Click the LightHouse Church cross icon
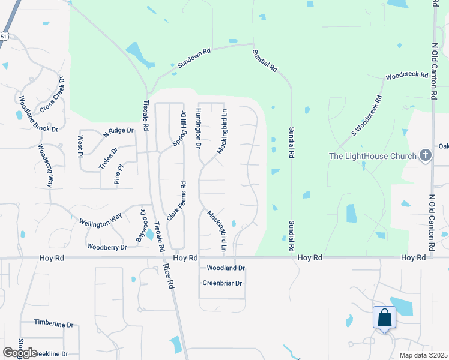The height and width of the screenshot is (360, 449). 425,156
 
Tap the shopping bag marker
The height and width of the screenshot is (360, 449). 384,317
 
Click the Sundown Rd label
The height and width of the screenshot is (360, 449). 194,58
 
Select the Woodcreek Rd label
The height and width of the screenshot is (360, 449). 406,77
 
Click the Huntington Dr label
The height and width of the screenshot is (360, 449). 198,128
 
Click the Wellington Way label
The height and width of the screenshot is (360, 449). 100,219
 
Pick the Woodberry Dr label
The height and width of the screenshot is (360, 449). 107,247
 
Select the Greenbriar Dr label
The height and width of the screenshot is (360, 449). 222,283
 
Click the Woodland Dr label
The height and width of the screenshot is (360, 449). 226,268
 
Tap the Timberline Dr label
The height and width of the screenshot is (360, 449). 53,324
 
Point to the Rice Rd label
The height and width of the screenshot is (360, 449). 170,277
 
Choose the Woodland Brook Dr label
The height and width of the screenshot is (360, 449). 37,114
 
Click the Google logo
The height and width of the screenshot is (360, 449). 20,353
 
